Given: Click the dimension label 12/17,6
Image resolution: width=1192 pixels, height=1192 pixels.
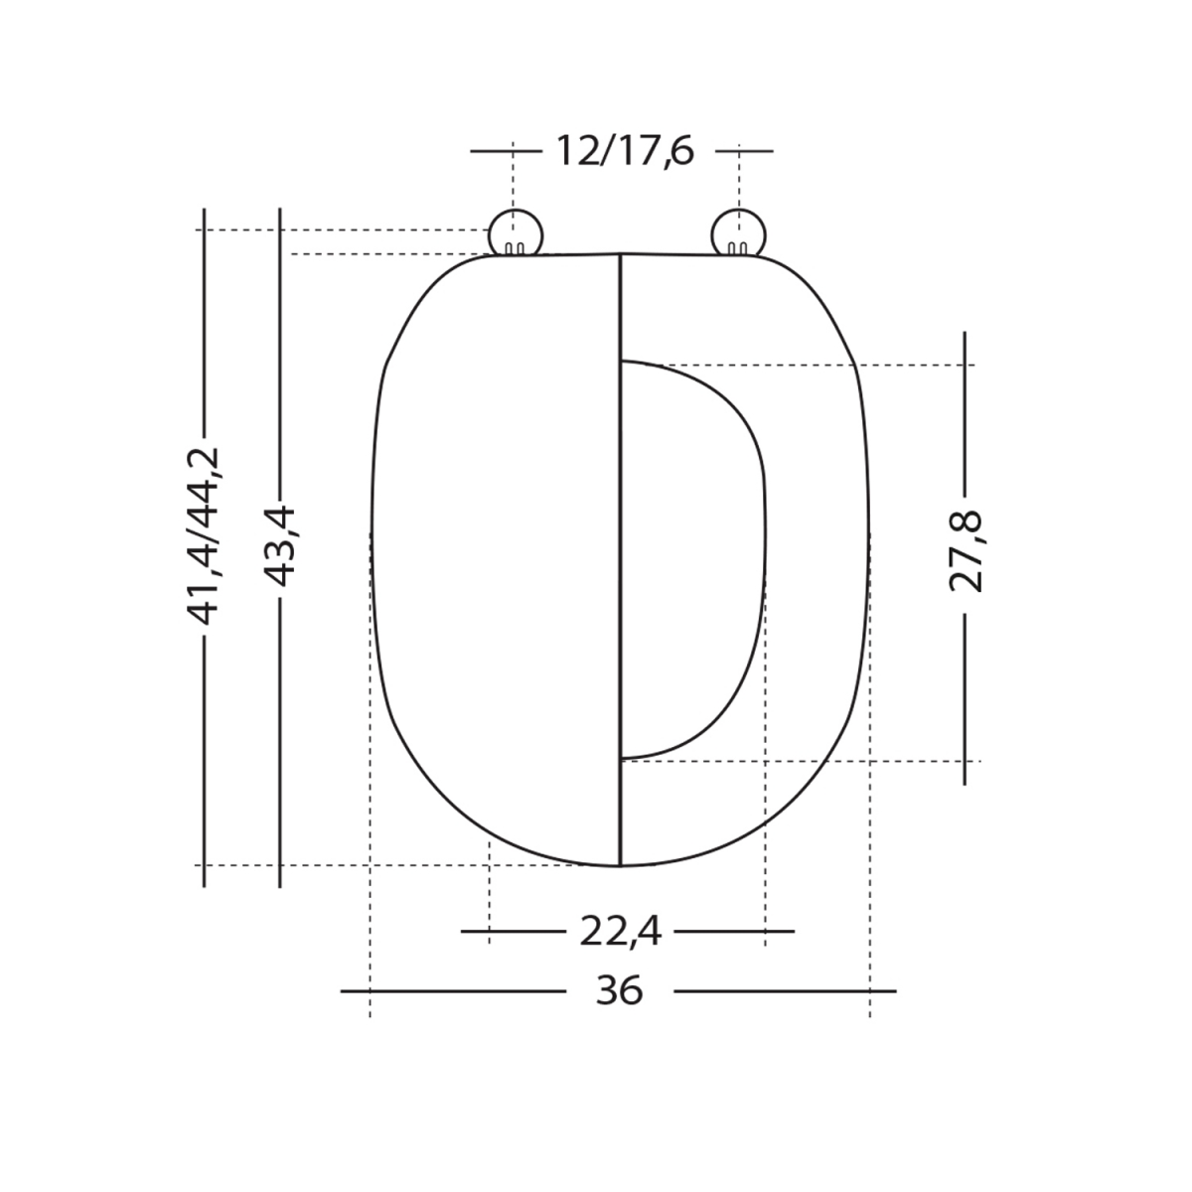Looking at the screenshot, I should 623,152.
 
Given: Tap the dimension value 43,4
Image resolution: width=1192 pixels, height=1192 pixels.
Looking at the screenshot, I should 281,545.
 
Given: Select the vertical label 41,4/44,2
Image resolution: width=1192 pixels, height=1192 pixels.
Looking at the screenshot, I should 205,536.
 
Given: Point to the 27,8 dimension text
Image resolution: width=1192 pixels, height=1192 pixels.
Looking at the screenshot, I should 965,551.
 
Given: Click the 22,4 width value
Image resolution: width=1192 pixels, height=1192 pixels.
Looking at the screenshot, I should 620,932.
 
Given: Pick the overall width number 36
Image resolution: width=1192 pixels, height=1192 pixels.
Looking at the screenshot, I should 620,991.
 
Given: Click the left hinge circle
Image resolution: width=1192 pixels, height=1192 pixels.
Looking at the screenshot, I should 516,233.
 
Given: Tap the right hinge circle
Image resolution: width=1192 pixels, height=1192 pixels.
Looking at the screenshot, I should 740,233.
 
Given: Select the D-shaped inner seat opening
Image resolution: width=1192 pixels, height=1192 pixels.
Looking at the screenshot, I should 690,556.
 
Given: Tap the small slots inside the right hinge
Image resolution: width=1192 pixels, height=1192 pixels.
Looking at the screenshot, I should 738,247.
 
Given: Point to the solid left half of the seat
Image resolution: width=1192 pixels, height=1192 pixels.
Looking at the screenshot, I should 497,556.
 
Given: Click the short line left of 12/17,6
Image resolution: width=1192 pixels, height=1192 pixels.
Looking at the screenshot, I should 505,152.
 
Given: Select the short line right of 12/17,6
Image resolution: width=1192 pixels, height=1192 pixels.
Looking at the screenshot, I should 744,152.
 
